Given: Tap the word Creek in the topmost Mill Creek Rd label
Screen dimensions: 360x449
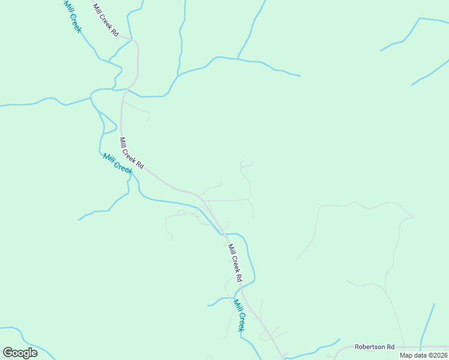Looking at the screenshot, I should point(106,19).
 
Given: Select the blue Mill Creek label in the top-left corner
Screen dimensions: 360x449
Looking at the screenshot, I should point(71,16).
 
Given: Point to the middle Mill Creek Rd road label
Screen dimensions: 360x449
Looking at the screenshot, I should point(131,153).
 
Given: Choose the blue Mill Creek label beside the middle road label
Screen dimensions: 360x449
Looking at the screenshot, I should point(117,163).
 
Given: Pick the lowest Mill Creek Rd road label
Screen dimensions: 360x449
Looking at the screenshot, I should point(234,263).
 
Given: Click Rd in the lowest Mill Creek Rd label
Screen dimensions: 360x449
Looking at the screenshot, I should point(238,277).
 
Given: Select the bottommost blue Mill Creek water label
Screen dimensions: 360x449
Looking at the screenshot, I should point(240,316).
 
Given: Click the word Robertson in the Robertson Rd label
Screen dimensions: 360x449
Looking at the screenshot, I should point(369,347).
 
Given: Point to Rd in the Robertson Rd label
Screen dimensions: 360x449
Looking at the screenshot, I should point(390,347).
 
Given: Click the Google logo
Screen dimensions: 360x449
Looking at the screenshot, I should point(20,353).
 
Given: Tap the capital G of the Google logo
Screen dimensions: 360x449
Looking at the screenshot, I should point(7,353).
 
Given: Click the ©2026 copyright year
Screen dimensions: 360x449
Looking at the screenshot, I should point(437,355).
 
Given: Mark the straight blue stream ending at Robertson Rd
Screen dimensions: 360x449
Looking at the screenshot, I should point(427,324).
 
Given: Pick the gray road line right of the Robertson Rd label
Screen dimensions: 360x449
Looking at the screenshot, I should point(423,347).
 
